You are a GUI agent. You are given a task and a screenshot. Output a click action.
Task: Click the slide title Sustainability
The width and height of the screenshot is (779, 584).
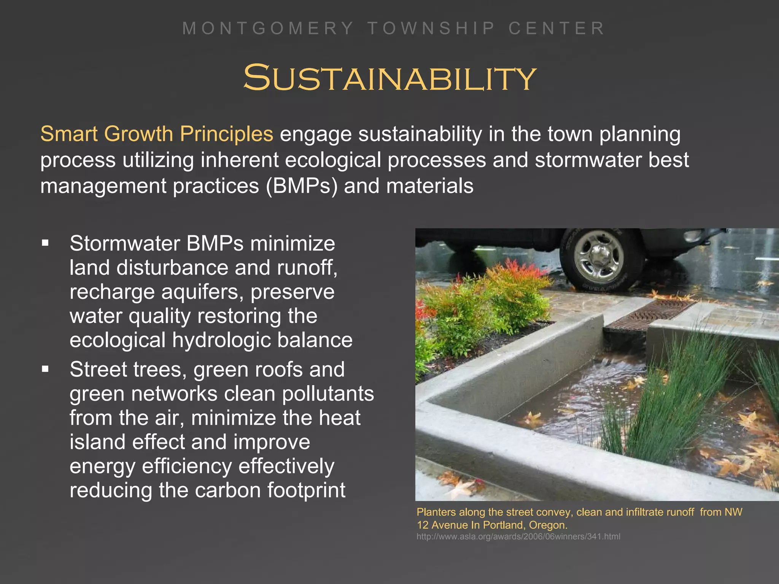(x=389, y=78)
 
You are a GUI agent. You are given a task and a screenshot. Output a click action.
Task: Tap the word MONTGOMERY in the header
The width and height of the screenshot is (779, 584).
(x=268, y=29)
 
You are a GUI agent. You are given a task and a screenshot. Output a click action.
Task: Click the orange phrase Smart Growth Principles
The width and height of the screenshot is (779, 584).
(x=157, y=134)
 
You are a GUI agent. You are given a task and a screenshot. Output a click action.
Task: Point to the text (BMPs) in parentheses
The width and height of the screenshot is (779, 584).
(x=301, y=186)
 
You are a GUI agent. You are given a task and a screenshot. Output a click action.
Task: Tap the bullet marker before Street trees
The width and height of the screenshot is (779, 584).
(x=46, y=369)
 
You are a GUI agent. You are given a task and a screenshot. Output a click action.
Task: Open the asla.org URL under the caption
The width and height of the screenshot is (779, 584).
(x=518, y=536)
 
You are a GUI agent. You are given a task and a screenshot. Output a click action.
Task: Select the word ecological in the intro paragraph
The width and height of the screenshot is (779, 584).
(x=333, y=160)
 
